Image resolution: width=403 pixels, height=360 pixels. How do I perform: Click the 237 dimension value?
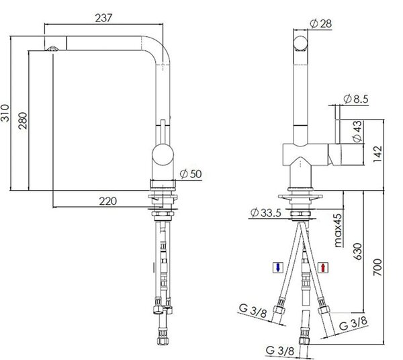(103, 18)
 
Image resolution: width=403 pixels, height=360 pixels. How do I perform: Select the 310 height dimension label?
(5, 113)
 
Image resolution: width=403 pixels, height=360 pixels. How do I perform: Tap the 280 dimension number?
(23, 120)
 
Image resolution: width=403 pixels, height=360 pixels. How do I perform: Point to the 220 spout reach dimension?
(108, 201)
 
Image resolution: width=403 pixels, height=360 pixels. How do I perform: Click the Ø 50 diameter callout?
(191, 174)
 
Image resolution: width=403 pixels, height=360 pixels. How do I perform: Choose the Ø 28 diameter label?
(321, 24)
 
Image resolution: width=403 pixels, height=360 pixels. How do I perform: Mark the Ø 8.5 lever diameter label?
(356, 99)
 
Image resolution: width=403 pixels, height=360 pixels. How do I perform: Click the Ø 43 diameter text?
(357, 132)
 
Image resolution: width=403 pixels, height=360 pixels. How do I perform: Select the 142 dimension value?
(377, 154)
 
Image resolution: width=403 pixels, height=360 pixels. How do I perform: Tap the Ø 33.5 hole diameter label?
(266, 213)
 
